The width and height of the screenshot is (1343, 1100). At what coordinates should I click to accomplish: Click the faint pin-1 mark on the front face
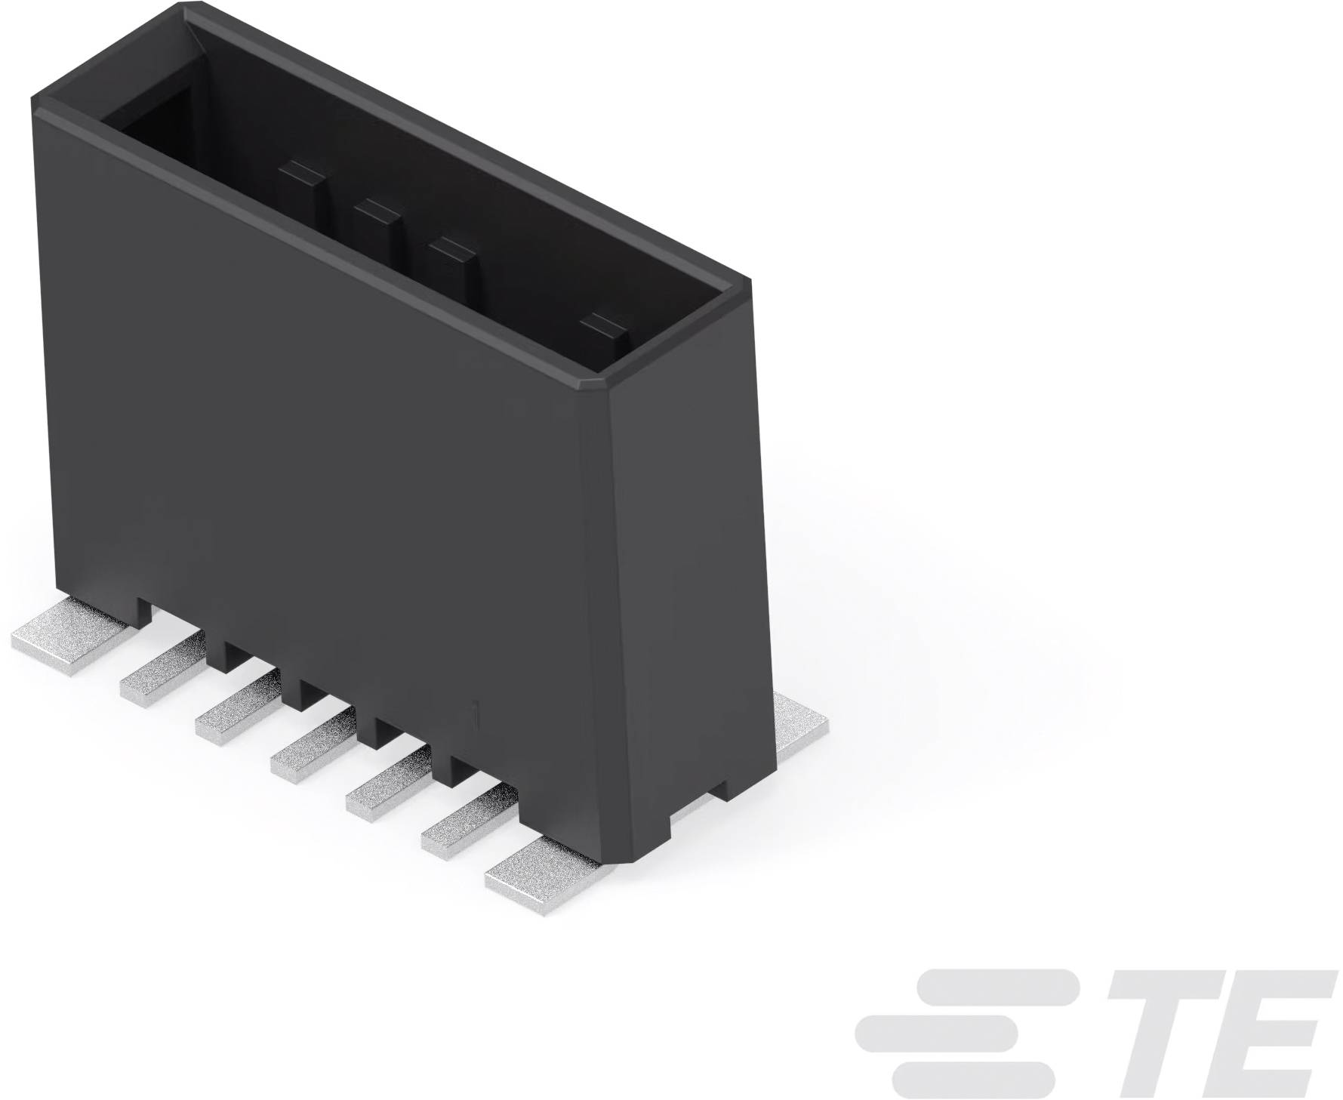coord(473,713)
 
